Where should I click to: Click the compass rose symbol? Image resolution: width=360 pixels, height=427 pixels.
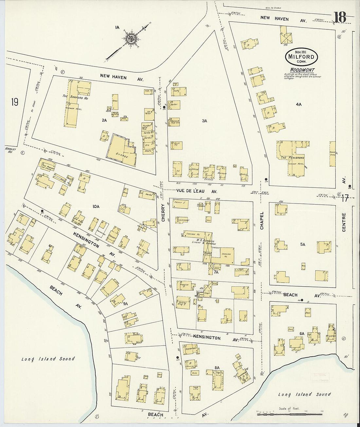point(132,39)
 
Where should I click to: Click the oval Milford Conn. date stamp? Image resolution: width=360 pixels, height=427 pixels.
point(301,57)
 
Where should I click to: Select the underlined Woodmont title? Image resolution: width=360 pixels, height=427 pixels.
point(302,70)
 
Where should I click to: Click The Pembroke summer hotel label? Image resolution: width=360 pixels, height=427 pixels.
point(292,158)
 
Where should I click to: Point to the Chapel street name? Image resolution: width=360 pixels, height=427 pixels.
point(261,220)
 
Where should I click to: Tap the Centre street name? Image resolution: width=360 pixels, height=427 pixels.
point(344,222)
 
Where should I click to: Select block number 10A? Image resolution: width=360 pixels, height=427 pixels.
point(96,206)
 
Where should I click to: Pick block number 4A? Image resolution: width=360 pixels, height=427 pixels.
point(298,104)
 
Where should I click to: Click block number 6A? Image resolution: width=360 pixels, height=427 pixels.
point(302,334)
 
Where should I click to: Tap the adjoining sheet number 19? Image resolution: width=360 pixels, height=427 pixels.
point(14,102)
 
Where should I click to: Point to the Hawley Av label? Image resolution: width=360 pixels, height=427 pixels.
point(10,150)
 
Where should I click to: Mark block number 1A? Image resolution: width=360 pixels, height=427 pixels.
point(117,27)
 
